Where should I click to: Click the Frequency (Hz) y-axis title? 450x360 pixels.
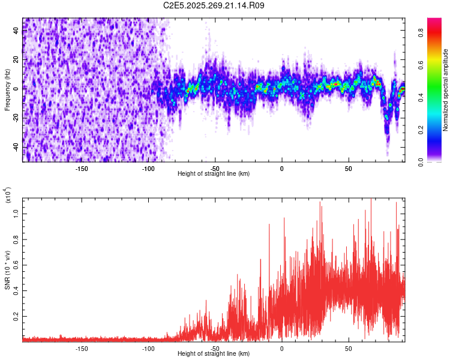(x=7, y=90)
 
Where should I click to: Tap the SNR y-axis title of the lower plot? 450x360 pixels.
(x=7, y=269)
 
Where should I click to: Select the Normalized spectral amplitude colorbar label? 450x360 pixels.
(x=445, y=90)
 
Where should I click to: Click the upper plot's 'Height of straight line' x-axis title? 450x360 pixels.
(x=214, y=173)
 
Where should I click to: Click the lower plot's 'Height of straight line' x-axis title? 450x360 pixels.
(x=214, y=353)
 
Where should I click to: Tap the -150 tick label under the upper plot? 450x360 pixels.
(x=82, y=168)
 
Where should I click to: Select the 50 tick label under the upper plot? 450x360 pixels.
(x=348, y=168)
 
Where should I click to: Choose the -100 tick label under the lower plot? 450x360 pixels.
(x=148, y=348)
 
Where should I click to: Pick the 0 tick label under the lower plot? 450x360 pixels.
(x=281, y=348)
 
